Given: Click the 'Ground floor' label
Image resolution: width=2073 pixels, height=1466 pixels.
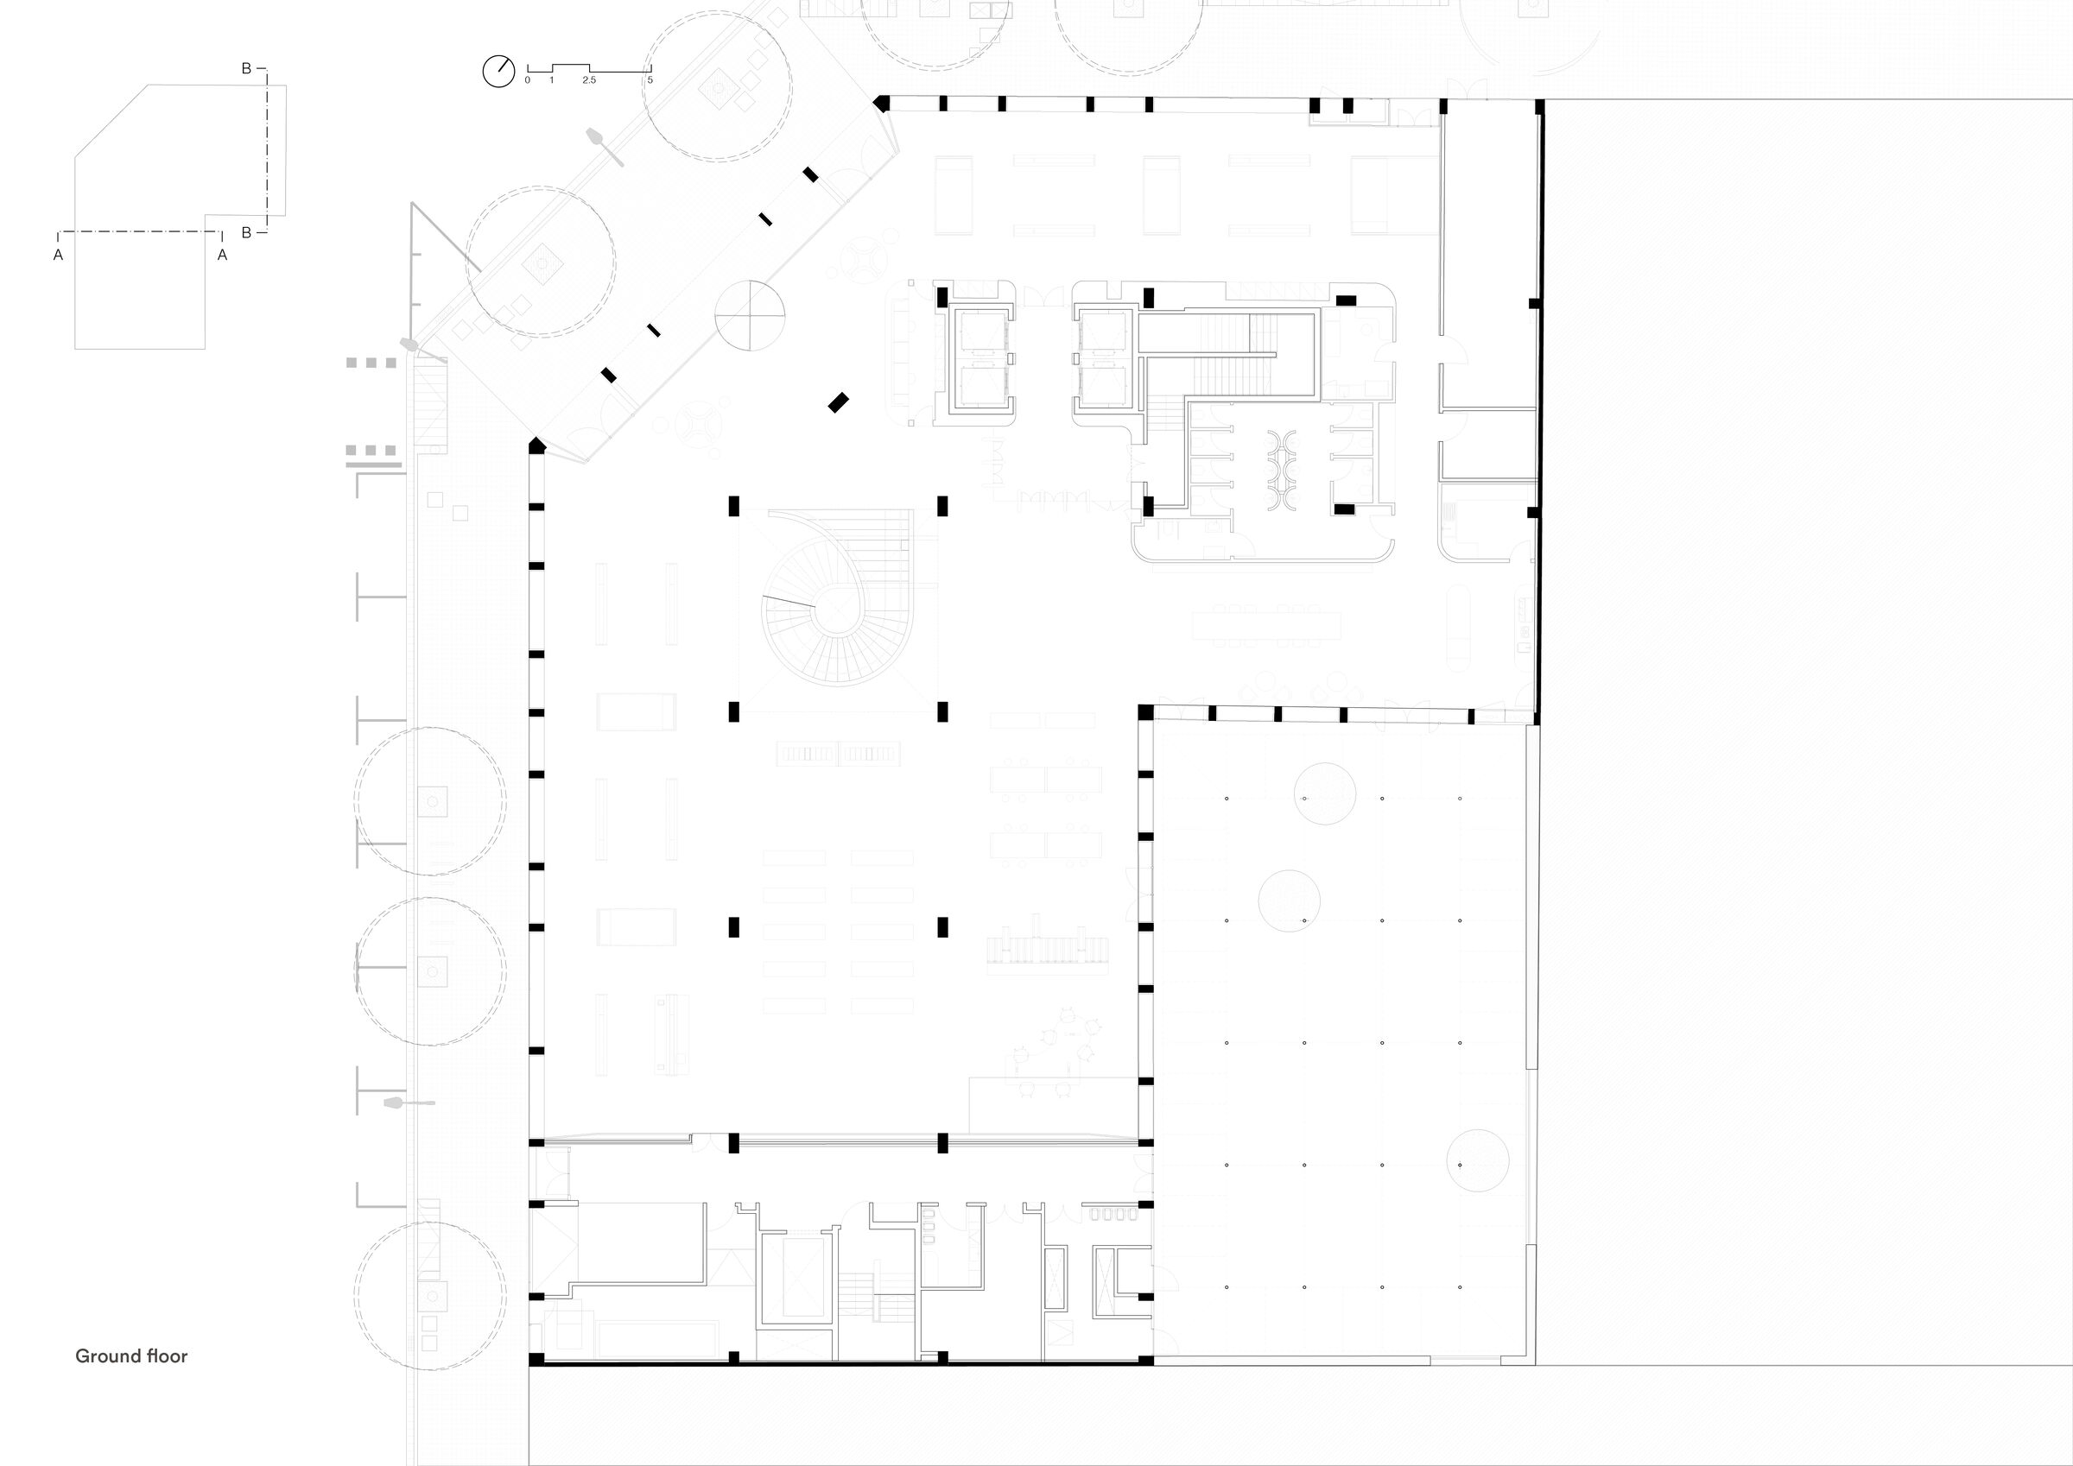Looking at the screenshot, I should click(x=131, y=1355).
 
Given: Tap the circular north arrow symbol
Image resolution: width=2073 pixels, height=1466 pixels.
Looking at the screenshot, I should click(x=498, y=72).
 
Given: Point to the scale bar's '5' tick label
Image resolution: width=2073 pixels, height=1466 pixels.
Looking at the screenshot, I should click(x=650, y=80).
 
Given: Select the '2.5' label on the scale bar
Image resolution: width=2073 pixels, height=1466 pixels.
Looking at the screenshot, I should click(x=589, y=80).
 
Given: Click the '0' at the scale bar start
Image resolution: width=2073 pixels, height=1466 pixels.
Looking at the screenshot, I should click(x=527, y=80).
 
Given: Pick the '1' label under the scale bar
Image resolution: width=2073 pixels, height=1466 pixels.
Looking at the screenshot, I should click(x=552, y=80).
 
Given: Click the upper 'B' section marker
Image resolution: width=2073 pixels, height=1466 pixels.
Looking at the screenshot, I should click(x=245, y=68).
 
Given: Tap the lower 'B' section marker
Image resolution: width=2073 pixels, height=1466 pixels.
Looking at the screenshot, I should click(x=245, y=233).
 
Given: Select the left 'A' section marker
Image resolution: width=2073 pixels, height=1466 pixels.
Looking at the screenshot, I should click(x=59, y=256).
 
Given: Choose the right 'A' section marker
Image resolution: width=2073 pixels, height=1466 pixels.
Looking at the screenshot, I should click(x=222, y=256).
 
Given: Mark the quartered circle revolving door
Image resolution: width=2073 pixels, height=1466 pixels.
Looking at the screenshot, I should click(x=751, y=315).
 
